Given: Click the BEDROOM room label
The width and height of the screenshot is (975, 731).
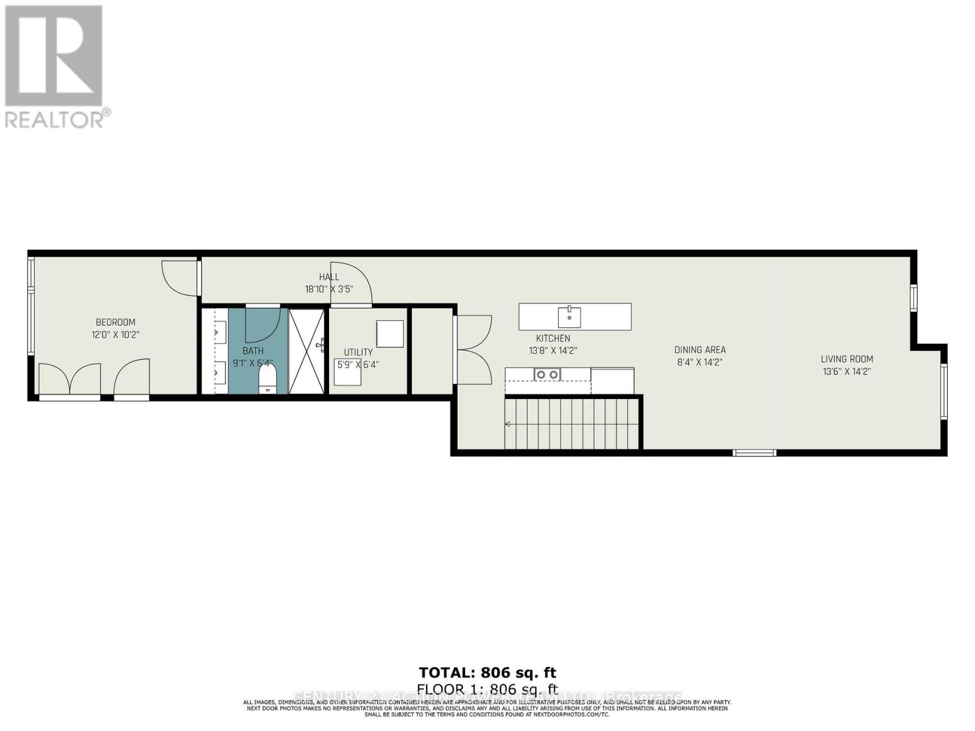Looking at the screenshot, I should (x=115, y=322).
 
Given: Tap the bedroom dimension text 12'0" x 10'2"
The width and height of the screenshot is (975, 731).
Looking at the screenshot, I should (x=115, y=334).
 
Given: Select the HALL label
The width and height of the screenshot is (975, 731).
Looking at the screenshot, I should (x=329, y=277).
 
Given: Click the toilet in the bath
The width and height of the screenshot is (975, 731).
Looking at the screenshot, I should (x=268, y=379).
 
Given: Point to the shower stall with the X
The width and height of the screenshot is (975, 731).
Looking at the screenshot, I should (x=307, y=351).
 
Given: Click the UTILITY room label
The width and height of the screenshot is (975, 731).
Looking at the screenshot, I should (x=358, y=352).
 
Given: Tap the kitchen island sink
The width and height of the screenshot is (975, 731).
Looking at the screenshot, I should (x=569, y=317).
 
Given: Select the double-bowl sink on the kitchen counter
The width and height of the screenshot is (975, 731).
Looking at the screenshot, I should (x=547, y=375).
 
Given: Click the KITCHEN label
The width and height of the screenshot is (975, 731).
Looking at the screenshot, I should (x=553, y=338).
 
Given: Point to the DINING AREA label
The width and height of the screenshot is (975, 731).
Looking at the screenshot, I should (x=700, y=350).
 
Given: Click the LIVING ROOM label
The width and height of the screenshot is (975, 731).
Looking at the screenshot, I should (x=846, y=359).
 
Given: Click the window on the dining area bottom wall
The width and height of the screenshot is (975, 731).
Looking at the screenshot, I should (x=754, y=453).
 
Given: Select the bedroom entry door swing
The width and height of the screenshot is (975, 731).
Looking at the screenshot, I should (x=179, y=279).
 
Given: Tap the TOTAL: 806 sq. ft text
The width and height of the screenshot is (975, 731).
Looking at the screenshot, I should (x=487, y=673).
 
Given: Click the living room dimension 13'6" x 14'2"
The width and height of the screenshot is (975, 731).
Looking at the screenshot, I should (x=846, y=371).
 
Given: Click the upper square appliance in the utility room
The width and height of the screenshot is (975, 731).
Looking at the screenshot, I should (x=390, y=334).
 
